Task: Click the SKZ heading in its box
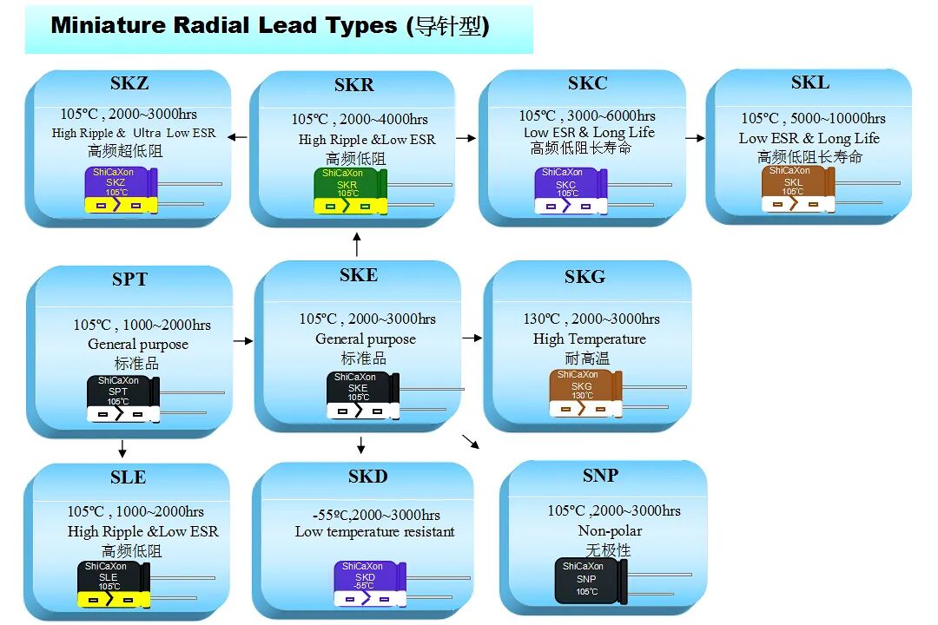coord(129,84)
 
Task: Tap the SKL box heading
coord(809,83)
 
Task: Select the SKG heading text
coord(585,277)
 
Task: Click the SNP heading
coord(600,476)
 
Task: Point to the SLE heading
coord(128,477)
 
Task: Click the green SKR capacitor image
coord(351,191)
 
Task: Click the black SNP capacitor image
coord(587,581)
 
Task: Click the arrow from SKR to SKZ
coord(237,136)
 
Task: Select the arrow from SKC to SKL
coord(695,137)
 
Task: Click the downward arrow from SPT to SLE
coord(122,449)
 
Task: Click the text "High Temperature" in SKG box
coord(590,339)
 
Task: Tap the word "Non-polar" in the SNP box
coord(610,530)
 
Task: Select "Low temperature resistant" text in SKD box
coord(374,532)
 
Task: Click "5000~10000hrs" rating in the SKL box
coord(837,118)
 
